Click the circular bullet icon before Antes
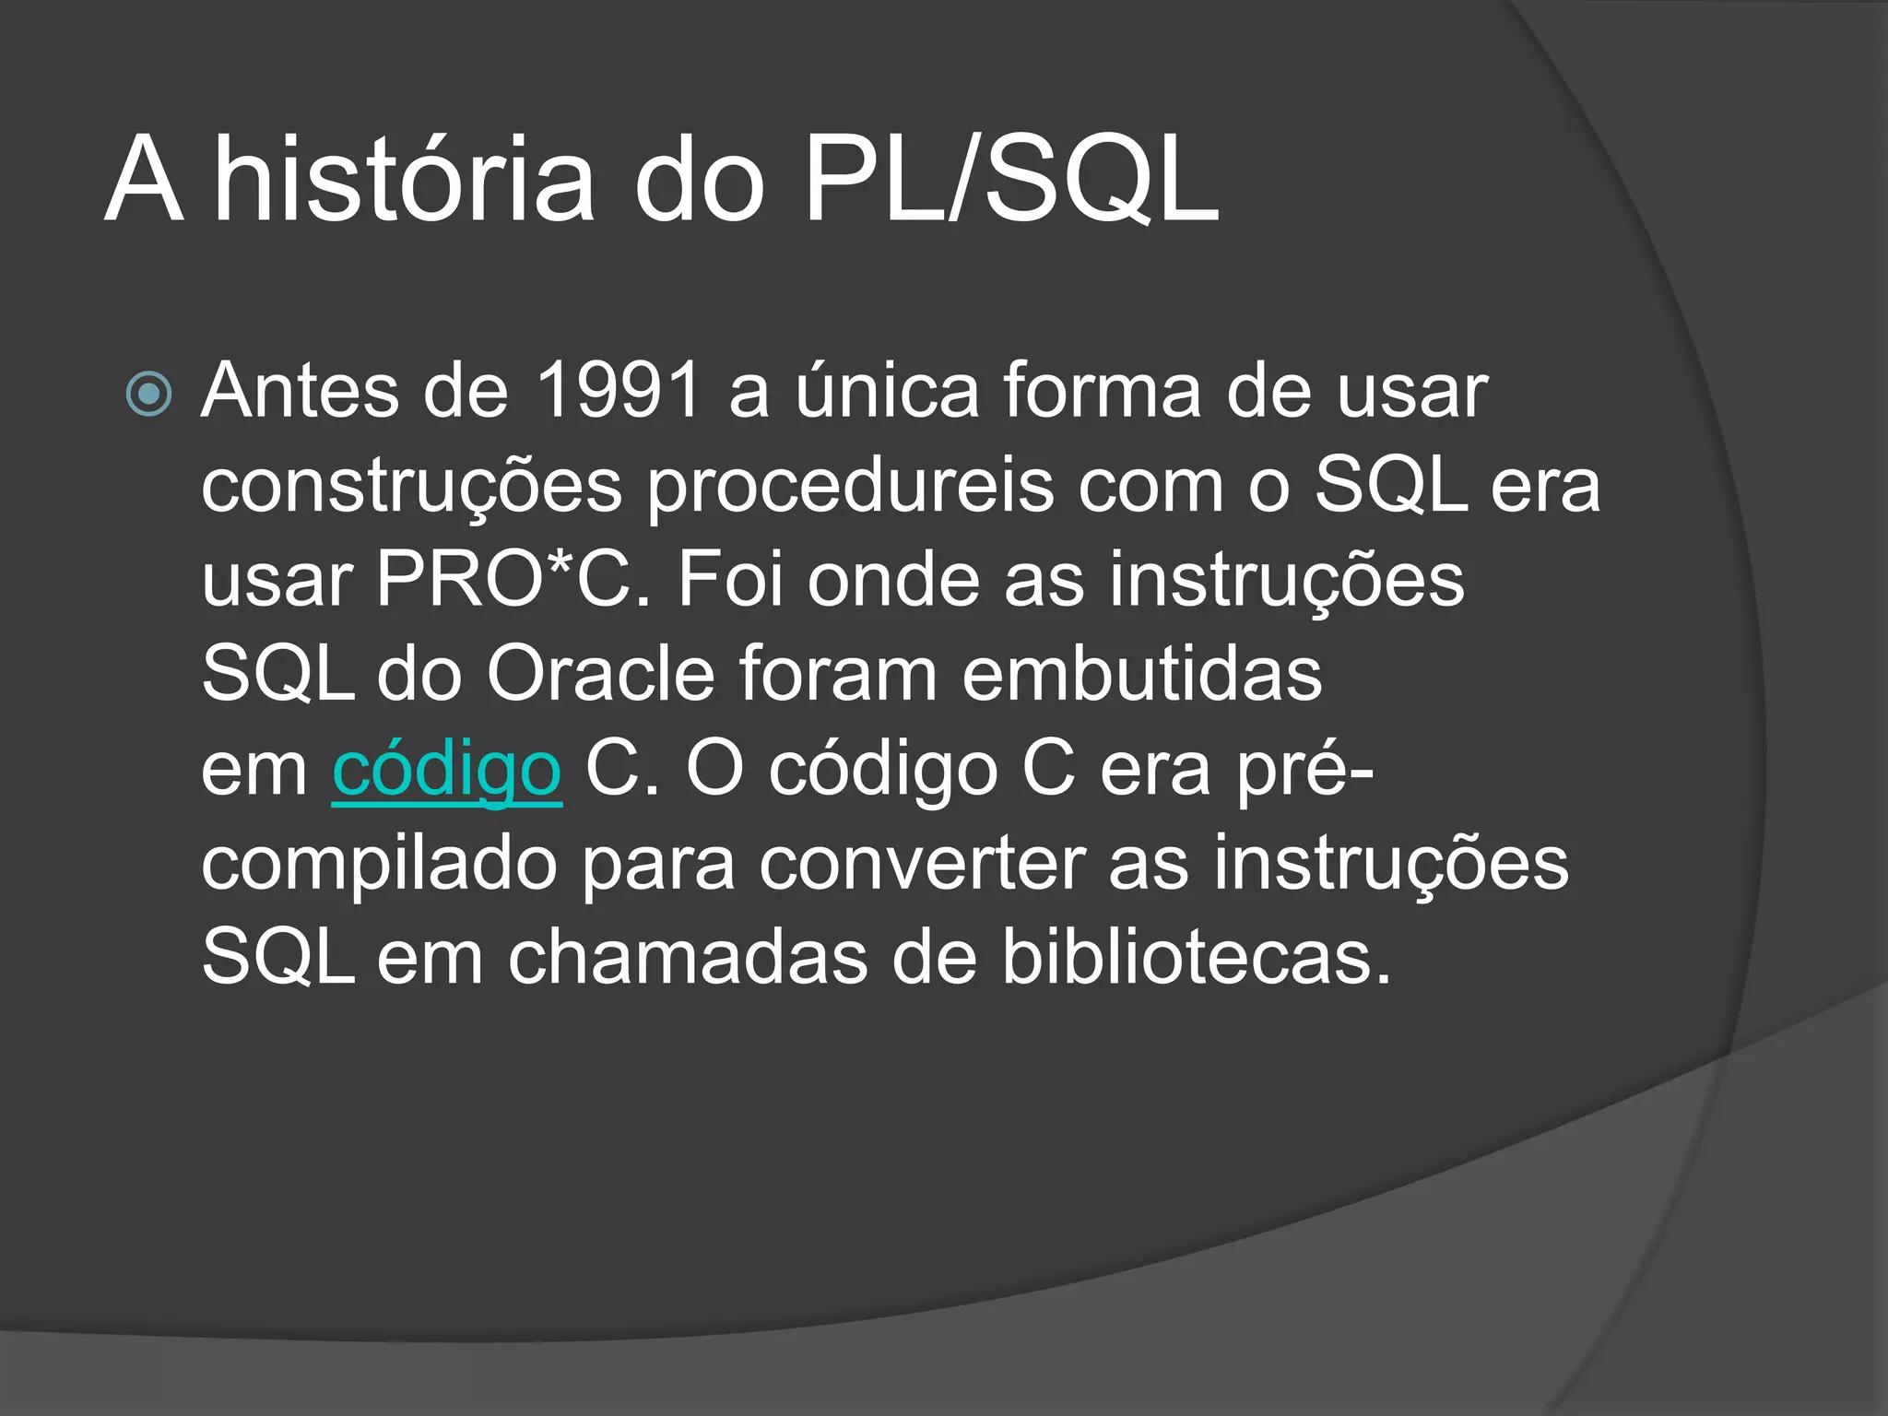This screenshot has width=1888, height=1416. (x=148, y=395)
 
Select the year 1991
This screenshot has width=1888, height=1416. (x=618, y=391)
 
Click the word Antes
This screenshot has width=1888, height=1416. (x=299, y=391)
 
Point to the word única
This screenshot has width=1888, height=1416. (x=887, y=391)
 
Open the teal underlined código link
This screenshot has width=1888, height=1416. (x=446, y=771)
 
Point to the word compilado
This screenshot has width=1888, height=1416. (x=379, y=865)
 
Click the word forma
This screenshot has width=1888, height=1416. (x=1102, y=391)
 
